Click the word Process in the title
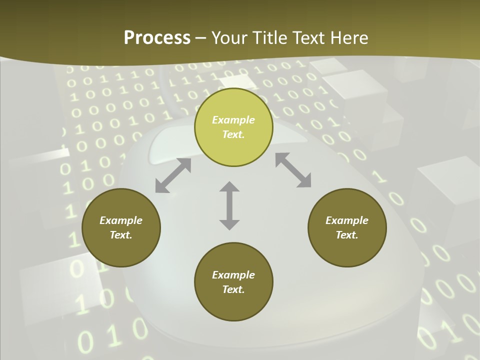coord(157,38)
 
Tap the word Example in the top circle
coord(233,120)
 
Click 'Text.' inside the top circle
coord(233,134)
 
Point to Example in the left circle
coord(121,220)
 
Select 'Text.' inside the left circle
coord(121,235)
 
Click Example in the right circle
coord(347,220)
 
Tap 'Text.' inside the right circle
coord(347,235)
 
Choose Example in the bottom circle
coord(233,275)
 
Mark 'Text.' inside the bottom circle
coord(233,289)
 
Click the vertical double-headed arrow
coord(229,205)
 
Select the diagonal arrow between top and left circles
coord(173,175)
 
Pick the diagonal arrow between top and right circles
coord(293,170)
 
